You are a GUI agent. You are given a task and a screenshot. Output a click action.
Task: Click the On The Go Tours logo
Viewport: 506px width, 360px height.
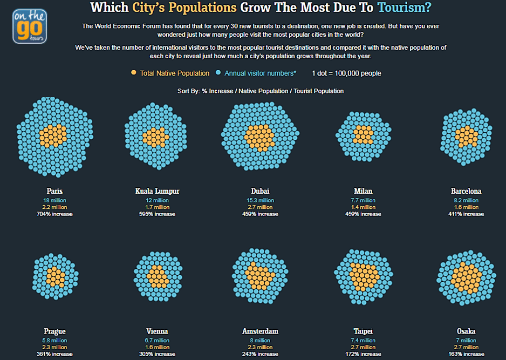pos(29,25)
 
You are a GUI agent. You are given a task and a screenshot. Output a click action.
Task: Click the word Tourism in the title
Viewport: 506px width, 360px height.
pos(404,8)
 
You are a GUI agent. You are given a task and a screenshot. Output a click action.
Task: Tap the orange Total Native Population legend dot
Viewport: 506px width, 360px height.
pos(133,73)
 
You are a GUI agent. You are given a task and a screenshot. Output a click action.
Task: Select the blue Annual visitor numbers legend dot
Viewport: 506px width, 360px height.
pos(218,73)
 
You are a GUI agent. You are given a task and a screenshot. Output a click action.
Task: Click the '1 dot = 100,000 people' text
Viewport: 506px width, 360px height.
pos(346,73)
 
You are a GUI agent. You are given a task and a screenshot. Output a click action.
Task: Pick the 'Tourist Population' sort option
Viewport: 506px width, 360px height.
pos(318,91)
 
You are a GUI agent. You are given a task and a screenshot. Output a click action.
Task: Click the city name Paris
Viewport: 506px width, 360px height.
pos(54,191)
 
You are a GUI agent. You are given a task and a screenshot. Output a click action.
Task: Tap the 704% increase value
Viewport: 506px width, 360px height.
pos(54,214)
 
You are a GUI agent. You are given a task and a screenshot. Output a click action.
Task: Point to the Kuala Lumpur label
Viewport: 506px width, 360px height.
pos(157,191)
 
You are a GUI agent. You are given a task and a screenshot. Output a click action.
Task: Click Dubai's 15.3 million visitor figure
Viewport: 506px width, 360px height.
pos(260,200)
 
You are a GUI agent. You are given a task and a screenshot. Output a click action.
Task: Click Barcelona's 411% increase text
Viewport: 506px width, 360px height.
pos(466,214)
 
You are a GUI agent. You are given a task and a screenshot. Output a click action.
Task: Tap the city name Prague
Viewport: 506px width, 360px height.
pos(54,331)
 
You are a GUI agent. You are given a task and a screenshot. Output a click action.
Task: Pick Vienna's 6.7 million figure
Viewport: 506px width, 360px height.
pos(157,341)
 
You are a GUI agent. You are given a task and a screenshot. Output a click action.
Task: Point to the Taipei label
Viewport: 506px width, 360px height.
pos(363,331)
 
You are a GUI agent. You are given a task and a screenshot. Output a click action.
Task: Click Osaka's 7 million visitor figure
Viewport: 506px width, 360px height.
pos(466,341)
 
